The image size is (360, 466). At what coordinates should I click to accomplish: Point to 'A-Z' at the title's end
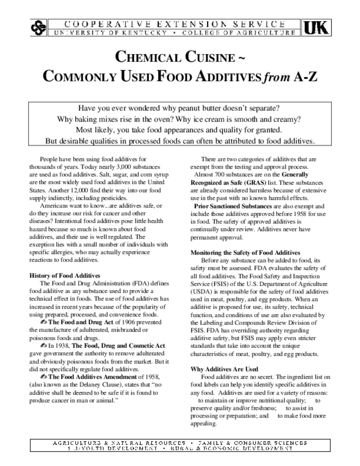click(x=304, y=77)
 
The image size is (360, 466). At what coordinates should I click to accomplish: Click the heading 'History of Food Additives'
click(x=65, y=276)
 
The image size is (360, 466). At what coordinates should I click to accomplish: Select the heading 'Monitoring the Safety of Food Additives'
click(x=245, y=253)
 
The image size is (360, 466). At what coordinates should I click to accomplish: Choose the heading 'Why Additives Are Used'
click(x=224, y=369)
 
